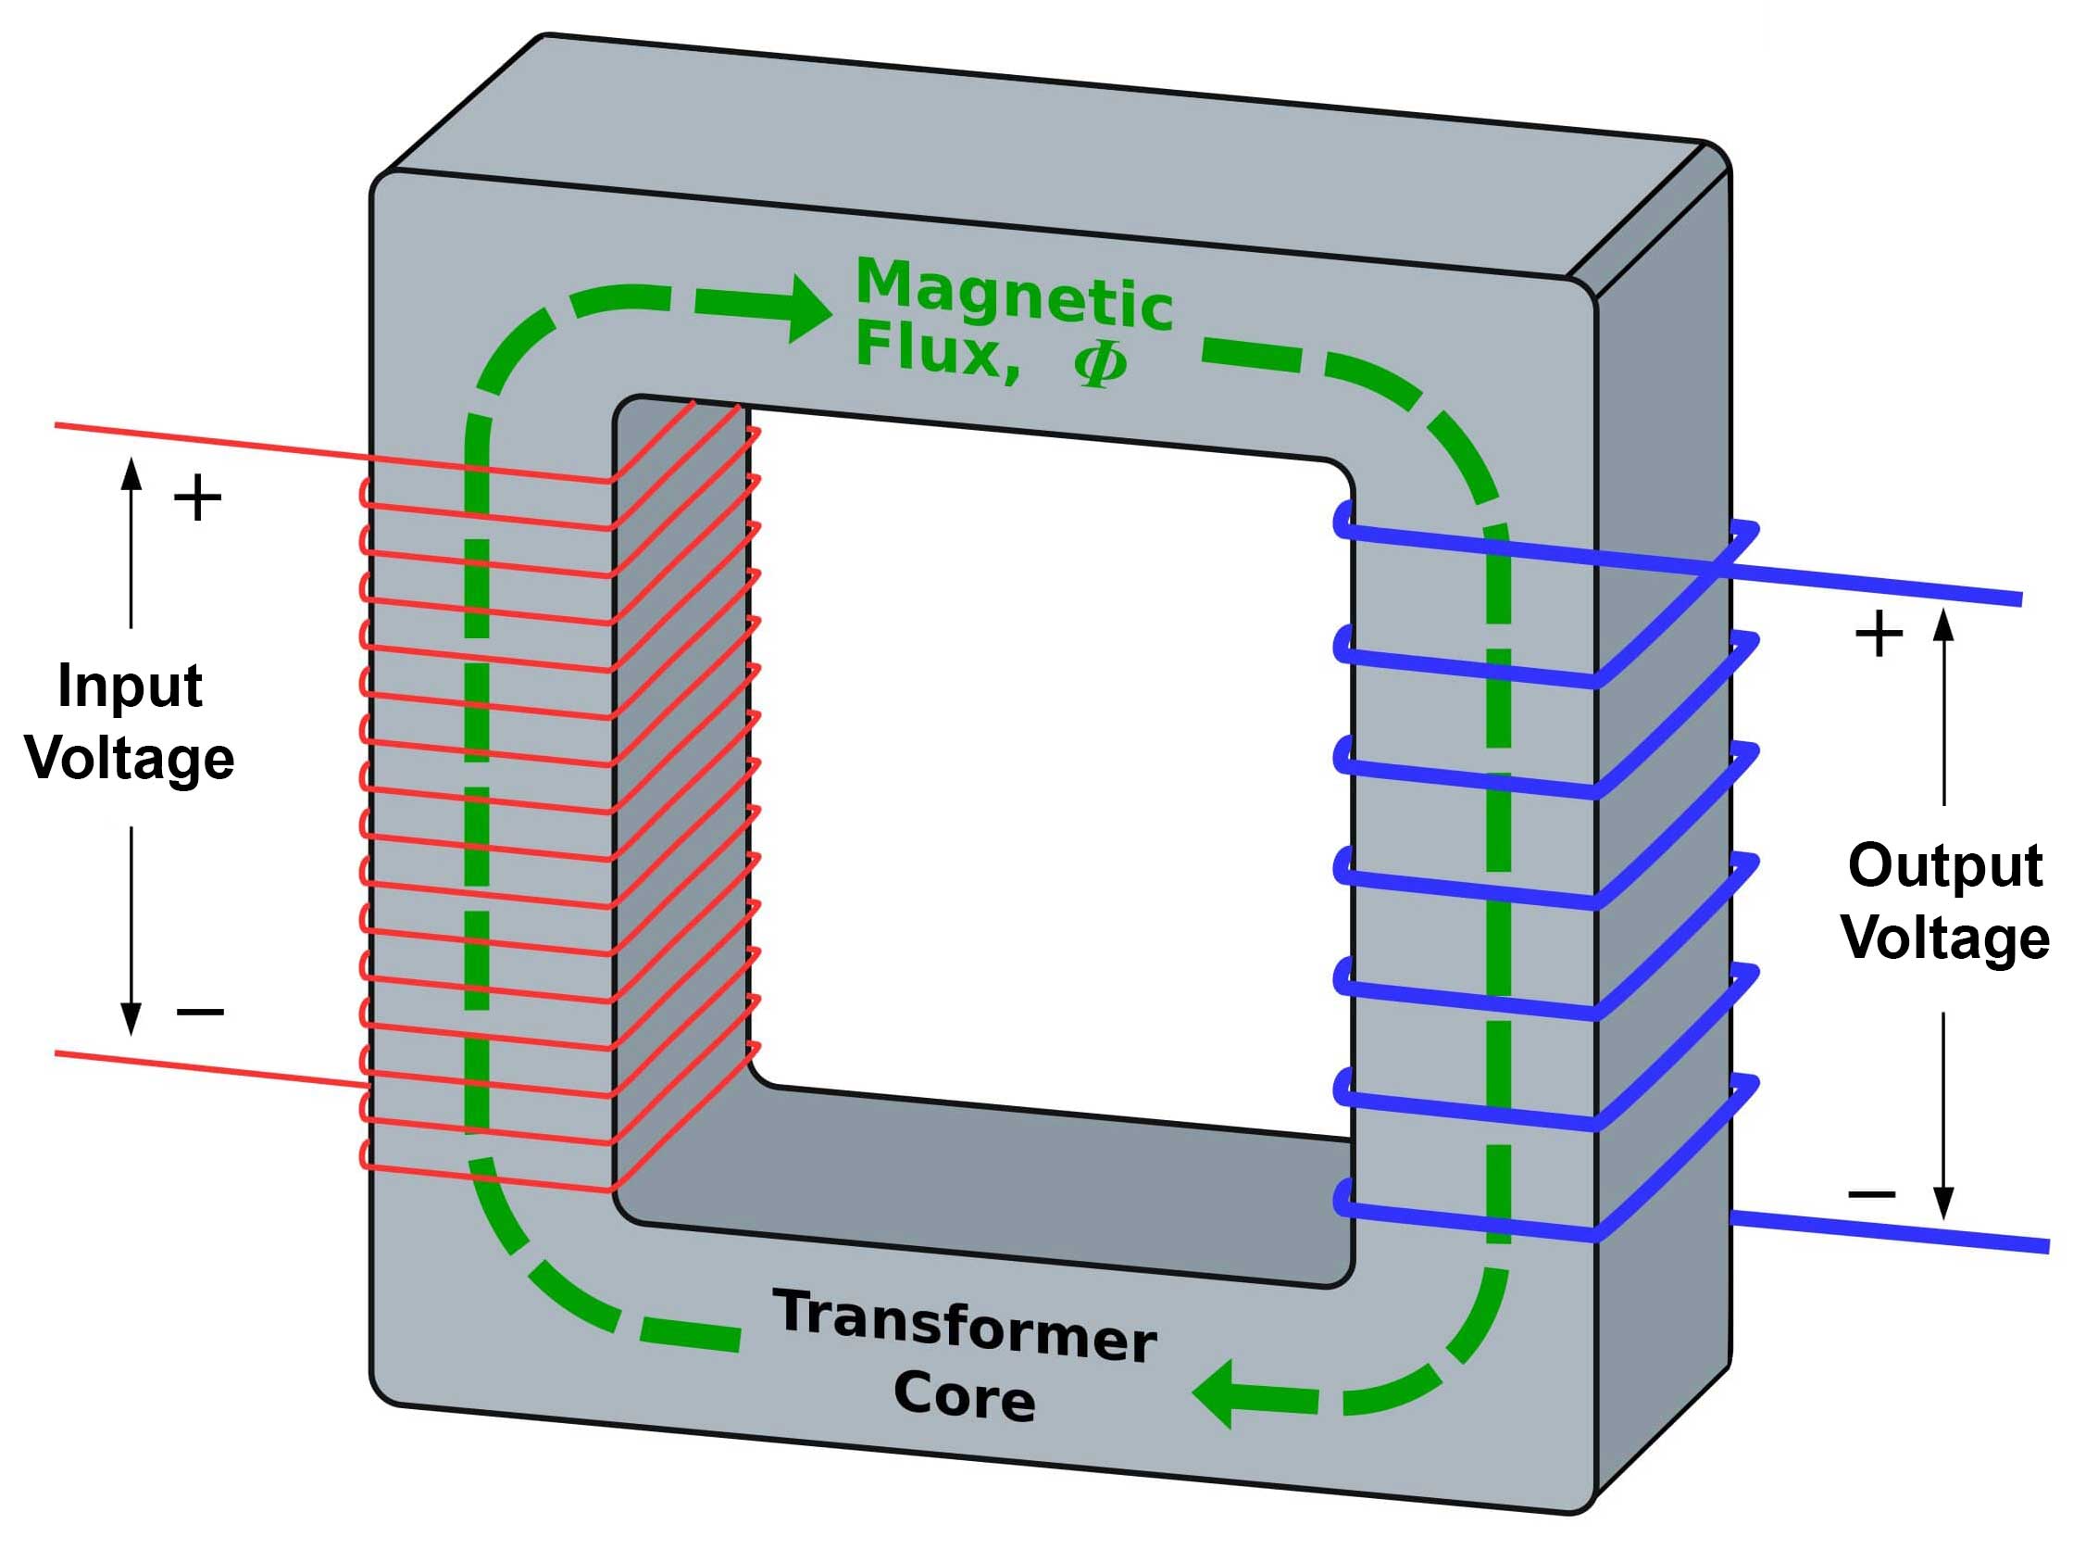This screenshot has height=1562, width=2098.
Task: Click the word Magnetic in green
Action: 1013,294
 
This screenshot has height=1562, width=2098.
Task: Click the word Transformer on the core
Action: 965,1325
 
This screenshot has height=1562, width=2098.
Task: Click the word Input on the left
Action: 130,685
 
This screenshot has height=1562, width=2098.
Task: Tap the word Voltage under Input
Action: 130,759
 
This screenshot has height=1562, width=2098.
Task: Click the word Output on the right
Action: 1945,864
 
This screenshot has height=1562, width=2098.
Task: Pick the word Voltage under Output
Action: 1945,937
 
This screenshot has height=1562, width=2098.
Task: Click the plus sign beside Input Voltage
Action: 197,498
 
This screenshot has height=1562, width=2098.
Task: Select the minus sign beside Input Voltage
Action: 200,1013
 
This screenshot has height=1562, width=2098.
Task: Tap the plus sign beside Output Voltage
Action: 1879,634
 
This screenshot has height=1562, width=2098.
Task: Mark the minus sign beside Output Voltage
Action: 1871,1194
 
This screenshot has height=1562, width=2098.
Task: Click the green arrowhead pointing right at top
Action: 808,308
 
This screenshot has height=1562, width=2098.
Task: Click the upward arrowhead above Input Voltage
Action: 131,473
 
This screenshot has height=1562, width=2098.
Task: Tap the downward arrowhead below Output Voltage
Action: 1943,1201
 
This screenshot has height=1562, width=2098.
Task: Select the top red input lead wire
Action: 208,442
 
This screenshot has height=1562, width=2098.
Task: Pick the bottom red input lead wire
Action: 208,1067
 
